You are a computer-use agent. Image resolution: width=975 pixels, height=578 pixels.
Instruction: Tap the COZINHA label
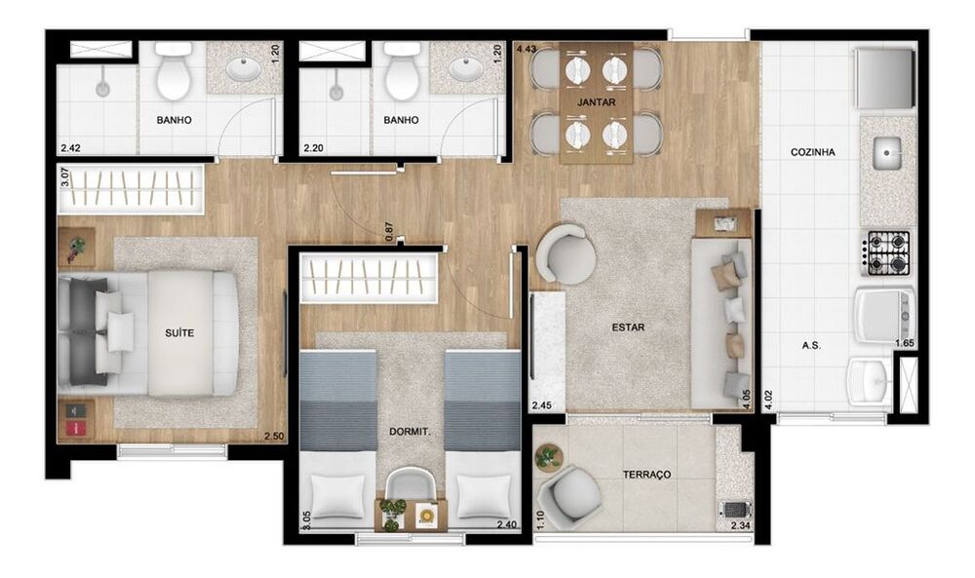(x=812, y=153)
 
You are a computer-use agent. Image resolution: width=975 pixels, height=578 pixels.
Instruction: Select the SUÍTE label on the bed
(x=179, y=332)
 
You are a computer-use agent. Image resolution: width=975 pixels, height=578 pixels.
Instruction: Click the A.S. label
(x=809, y=344)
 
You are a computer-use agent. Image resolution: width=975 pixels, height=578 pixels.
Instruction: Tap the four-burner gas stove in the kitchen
(x=887, y=251)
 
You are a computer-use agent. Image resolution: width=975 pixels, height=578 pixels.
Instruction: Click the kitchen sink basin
(x=888, y=152)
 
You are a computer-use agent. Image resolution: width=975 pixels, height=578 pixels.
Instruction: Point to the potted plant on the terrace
(x=549, y=455)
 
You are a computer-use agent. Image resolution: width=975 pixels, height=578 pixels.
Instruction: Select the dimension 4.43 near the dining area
(x=526, y=48)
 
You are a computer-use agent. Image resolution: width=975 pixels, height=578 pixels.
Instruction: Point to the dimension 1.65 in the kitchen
(x=905, y=342)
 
